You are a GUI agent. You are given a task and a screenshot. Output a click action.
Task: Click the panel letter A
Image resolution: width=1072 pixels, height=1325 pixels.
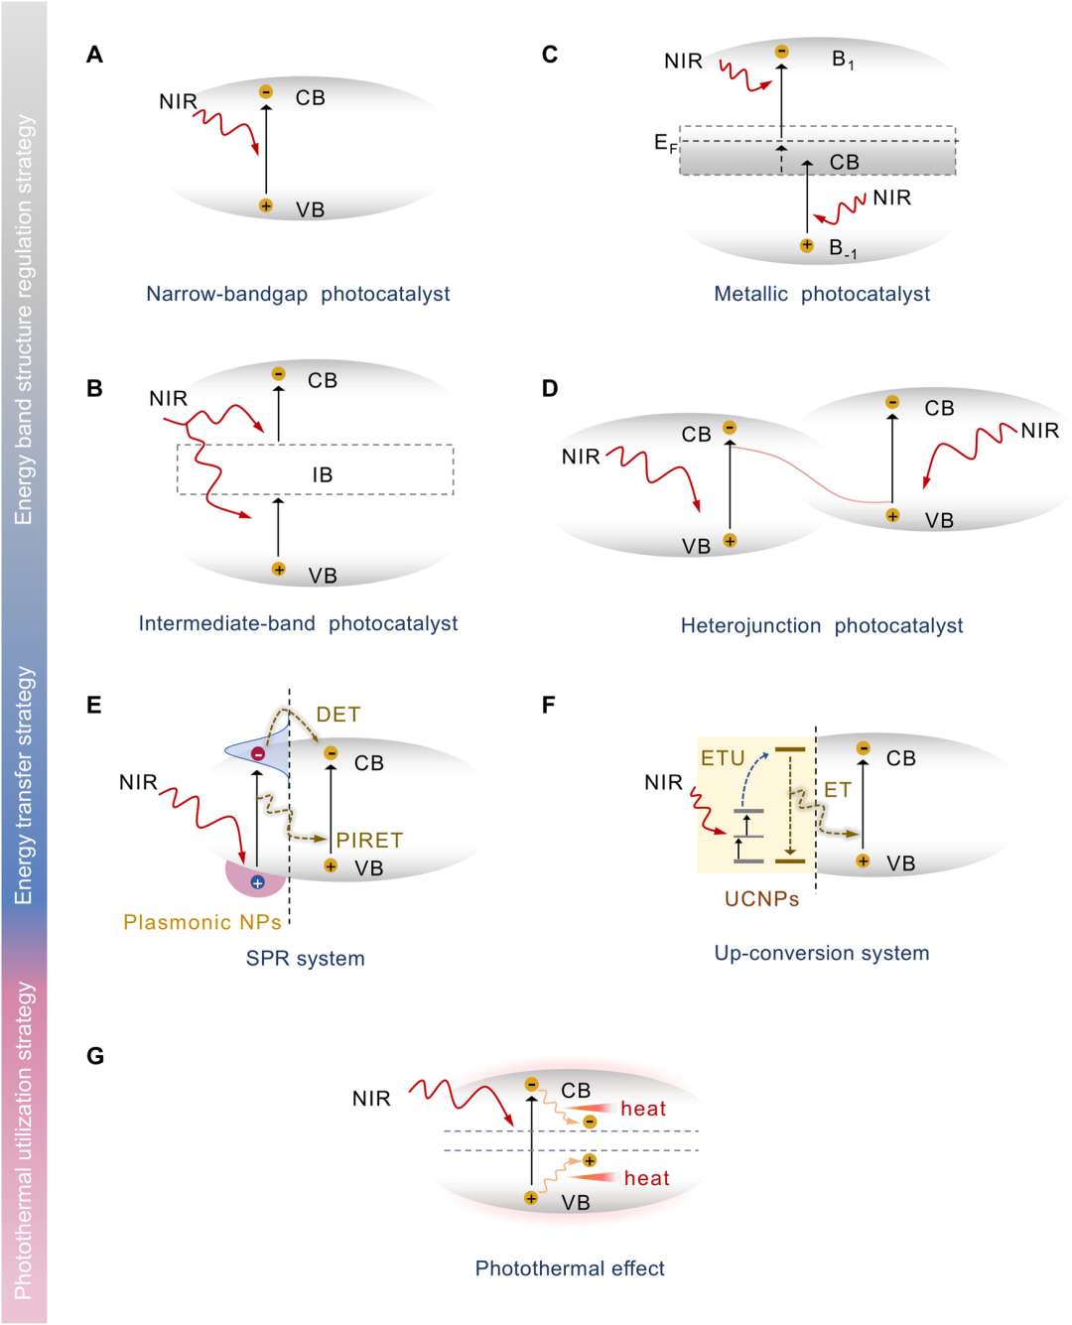point(94,55)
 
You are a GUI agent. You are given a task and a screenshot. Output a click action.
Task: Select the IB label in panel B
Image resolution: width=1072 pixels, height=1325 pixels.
point(323,475)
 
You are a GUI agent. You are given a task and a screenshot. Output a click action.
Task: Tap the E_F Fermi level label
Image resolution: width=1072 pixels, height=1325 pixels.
point(665,143)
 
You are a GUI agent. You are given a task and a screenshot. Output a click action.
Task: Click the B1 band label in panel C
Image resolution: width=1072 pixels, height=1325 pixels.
point(843,60)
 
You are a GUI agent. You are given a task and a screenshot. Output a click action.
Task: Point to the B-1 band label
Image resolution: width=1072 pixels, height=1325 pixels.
point(843,248)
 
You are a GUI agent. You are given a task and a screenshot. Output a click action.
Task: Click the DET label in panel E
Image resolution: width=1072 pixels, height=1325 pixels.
point(337,715)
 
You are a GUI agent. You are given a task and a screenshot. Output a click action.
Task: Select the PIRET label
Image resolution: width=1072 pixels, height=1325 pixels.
point(369,840)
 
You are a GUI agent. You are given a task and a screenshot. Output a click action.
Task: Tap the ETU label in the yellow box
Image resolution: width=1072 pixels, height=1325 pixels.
point(723,758)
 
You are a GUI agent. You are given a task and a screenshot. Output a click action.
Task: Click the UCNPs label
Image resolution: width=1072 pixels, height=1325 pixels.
point(761,899)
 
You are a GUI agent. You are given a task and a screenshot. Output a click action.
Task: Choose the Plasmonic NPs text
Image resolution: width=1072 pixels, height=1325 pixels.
point(202,922)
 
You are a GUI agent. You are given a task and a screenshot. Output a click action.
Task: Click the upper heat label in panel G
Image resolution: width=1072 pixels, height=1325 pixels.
point(643,1109)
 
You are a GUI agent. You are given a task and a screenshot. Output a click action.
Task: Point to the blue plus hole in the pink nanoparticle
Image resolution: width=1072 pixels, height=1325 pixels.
point(258,882)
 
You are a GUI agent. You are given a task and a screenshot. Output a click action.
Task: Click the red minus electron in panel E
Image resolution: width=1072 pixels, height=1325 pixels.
point(258,754)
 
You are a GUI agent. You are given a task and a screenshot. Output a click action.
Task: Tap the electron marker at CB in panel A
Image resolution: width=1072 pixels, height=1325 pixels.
point(266,92)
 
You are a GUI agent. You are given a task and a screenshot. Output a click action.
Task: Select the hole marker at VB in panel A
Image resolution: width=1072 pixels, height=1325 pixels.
point(266,205)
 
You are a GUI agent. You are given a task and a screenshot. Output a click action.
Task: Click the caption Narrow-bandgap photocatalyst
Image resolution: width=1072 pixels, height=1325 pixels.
point(298,294)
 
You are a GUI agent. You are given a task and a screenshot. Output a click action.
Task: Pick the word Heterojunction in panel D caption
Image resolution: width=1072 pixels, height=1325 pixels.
point(750,626)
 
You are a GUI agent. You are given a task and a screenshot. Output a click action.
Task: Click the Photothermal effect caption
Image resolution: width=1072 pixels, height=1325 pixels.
point(570,1268)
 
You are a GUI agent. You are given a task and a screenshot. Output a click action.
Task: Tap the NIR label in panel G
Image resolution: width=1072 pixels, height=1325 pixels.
point(371,1099)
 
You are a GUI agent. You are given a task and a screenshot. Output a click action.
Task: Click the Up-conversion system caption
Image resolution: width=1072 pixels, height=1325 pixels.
point(822,953)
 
